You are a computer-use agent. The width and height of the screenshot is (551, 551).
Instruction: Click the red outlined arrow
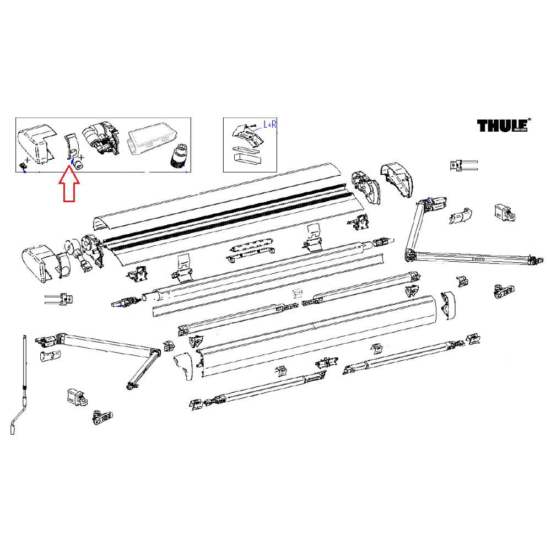(68, 186)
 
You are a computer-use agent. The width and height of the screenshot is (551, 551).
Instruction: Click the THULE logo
(503, 126)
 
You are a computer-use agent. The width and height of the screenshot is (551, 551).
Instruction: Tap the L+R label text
(270, 125)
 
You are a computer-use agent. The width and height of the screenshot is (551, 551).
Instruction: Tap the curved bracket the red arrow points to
(71, 146)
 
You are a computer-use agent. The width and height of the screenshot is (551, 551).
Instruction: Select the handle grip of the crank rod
(15, 426)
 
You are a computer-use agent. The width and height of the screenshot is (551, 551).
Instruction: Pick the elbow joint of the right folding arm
(409, 255)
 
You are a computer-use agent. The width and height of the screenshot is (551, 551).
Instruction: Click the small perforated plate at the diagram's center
(298, 293)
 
